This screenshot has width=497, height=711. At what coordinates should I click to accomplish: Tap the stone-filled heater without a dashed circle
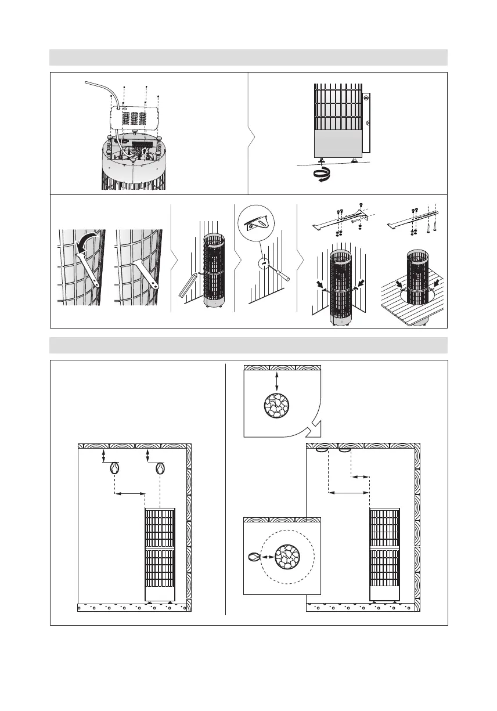click(276, 406)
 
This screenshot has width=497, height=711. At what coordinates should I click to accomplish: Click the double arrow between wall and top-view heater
click(276, 381)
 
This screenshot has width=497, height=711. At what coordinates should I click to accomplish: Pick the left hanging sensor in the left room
click(115, 469)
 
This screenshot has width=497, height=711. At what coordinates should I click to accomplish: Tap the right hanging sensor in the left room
click(160, 469)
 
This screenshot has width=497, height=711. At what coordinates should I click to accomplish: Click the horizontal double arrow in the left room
click(130, 494)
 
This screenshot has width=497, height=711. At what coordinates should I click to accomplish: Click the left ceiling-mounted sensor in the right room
click(322, 449)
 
